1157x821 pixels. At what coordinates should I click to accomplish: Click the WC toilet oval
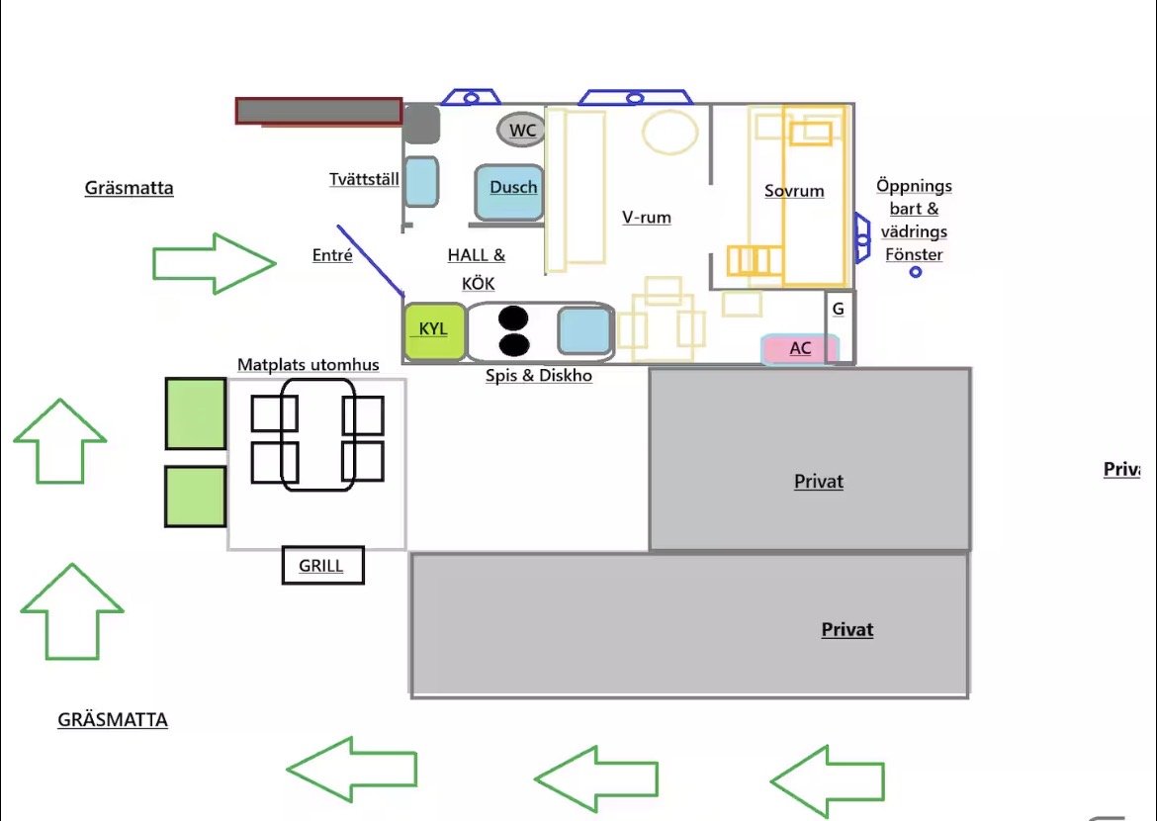[x=522, y=130]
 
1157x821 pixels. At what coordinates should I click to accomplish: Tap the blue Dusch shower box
[x=510, y=192]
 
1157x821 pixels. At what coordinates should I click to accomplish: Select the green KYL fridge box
[x=434, y=331]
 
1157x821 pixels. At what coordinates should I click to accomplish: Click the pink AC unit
[x=800, y=348]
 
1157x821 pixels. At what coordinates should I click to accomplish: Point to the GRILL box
[x=322, y=566]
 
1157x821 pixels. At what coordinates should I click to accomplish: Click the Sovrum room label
[x=794, y=191]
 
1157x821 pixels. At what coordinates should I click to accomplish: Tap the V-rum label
[x=647, y=217]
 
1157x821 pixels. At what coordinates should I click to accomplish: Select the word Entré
[x=332, y=255]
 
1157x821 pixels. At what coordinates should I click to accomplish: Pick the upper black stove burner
[x=513, y=319]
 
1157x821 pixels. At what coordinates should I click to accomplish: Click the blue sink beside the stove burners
[x=584, y=330]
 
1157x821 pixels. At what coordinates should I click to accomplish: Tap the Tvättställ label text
[x=364, y=179]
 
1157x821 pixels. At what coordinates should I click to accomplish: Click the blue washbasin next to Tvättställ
[x=421, y=182]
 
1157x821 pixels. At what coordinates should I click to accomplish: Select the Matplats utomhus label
[x=308, y=365]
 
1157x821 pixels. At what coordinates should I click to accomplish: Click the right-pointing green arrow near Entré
[x=214, y=263]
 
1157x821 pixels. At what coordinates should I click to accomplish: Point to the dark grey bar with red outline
[x=318, y=111]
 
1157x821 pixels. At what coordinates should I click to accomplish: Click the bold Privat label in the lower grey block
[x=847, y=630]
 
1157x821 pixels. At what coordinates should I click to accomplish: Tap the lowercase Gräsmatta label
[x=130, y=188]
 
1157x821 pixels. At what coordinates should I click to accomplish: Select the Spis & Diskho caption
[x=539, y=375]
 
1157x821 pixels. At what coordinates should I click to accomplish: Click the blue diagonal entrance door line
[x=371, y=261]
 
